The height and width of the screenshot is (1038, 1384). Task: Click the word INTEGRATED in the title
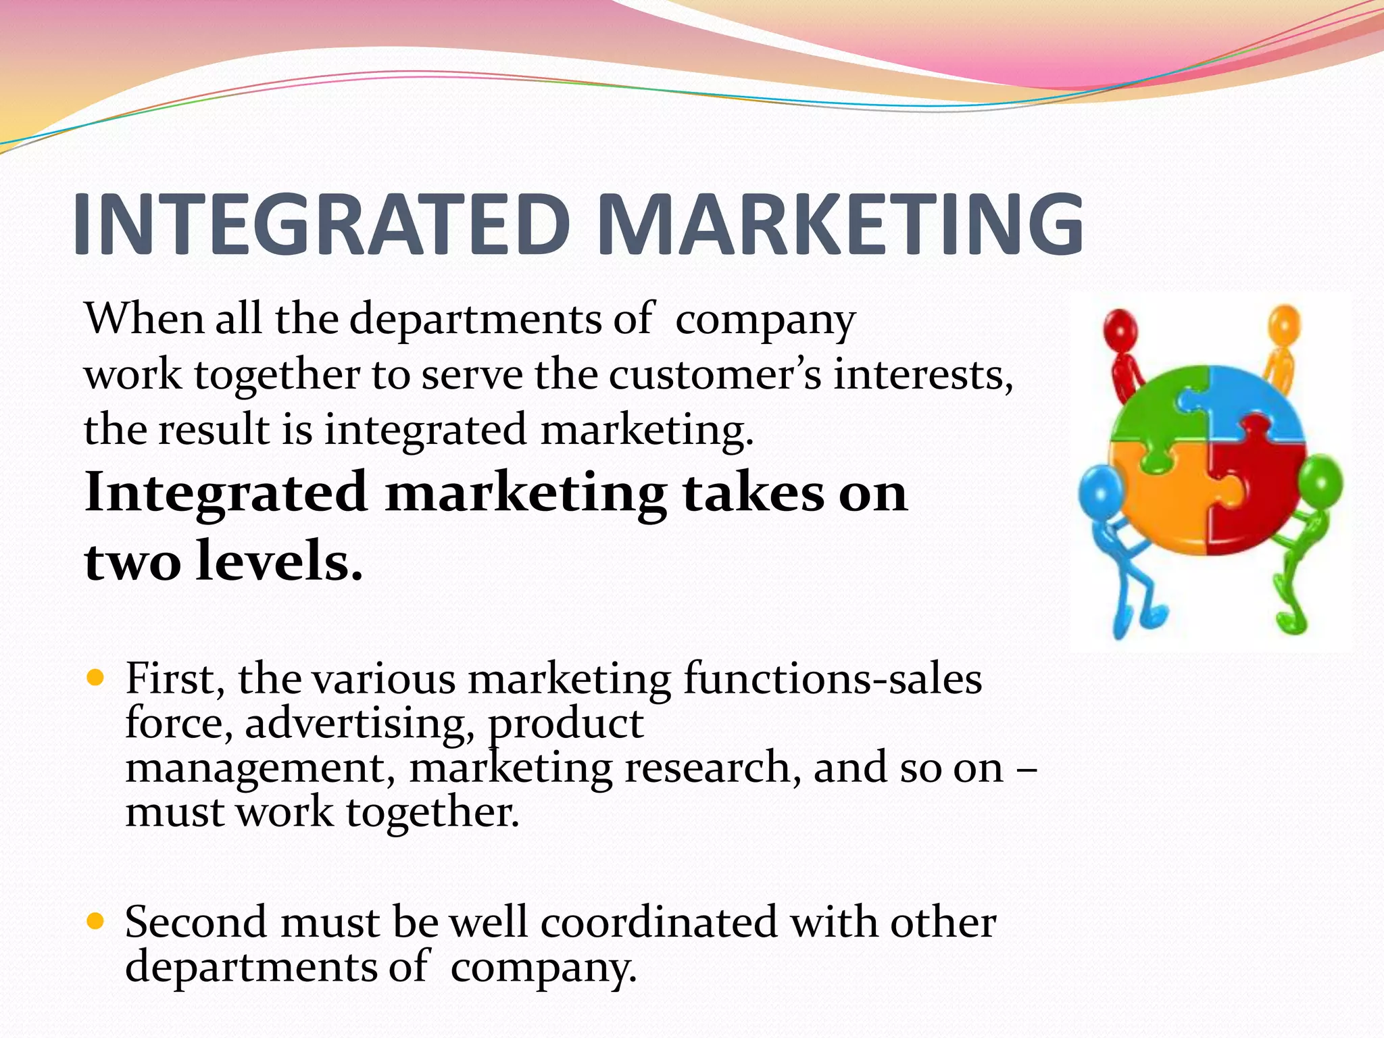(321, 224)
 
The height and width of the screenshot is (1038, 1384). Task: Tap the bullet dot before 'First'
(96, 676)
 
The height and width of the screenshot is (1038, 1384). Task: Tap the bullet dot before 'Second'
(96, 920)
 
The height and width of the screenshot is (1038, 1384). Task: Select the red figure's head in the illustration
(1120, 329)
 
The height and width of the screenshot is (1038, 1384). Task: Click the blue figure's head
(1100, 491)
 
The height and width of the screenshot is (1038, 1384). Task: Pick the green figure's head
(1320, 481)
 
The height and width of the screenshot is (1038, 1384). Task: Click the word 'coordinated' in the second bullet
(659, 922)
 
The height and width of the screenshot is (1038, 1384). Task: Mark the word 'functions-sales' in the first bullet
(832, 678)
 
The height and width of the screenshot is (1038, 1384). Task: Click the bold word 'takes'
(753, 493)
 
